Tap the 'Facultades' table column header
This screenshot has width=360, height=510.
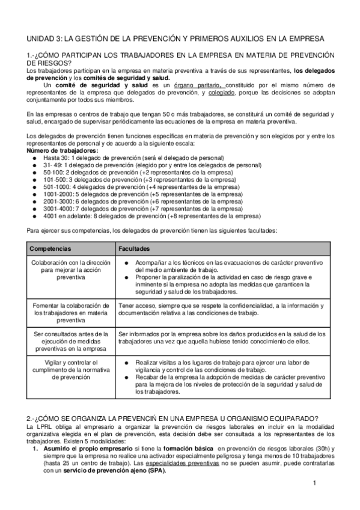134,248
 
